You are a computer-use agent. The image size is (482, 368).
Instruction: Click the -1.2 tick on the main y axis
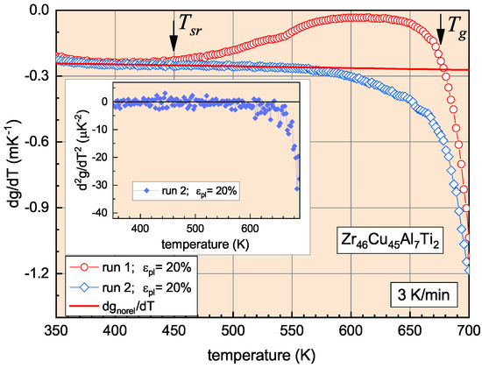(x=34, y=274)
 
